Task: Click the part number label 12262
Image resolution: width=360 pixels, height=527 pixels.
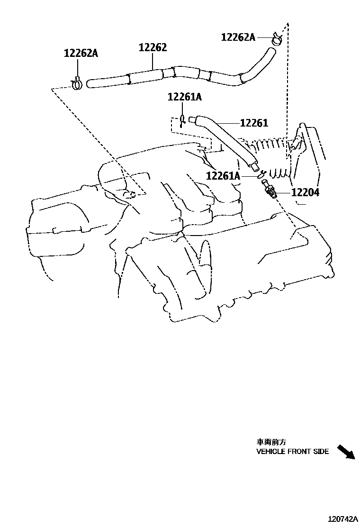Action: point(153,48)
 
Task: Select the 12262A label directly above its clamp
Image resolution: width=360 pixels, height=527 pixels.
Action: point(81,54)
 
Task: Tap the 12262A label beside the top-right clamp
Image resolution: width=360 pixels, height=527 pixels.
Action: point(238,37)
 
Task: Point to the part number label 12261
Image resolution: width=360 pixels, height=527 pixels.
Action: point(254,123)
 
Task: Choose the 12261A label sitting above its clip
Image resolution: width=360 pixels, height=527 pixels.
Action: point(184,97)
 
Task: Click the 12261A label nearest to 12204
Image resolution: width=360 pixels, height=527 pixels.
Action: point(224,176)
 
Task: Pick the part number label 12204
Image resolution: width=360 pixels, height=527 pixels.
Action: point(305,192)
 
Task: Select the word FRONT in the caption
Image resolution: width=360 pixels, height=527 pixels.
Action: point(299,452)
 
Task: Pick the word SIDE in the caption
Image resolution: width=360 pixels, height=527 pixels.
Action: point(321,452)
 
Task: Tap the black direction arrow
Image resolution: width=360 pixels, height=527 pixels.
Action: point(346,452)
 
